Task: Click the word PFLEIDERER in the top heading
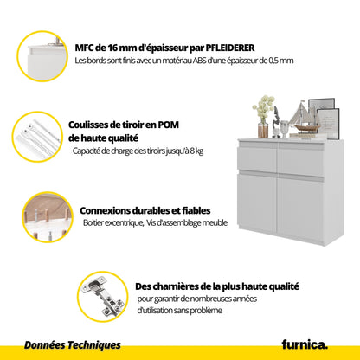230,48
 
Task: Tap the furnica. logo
305,344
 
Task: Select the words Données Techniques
73,345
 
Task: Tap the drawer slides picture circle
38,137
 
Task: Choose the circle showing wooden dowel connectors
48,217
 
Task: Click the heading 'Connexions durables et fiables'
145,210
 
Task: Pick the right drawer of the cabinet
301,161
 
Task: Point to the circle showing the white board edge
42,56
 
